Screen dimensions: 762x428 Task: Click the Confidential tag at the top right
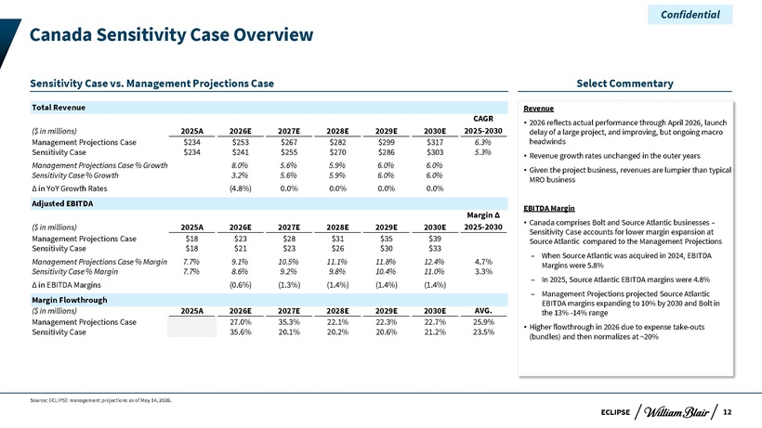[x=690, y=15]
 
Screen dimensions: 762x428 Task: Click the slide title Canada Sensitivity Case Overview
[x=172, y=35]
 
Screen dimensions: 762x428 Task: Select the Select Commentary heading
[x=624, y=84]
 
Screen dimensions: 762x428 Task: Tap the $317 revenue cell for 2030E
[x=435, y=142]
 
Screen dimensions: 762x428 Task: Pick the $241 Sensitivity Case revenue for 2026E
[x=241, y=152]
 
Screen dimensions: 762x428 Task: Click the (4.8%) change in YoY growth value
[x=241, y=188]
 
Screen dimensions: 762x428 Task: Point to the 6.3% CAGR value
[x=483, y=142]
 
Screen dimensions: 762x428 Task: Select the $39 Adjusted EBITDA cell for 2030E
[x=435, y=239]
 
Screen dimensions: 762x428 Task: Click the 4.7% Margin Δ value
[x=483, y=262]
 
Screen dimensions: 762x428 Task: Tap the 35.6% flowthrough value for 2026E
[x=241, y=332]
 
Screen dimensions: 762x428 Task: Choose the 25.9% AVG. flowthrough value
[x=483, y=322]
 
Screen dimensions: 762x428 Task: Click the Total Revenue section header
[x=59, y=108]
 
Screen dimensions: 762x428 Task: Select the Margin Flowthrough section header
[x=70, y=300]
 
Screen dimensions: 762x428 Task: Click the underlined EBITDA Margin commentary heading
[x=549, y=208]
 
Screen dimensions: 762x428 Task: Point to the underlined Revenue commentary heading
[x=538, y=109]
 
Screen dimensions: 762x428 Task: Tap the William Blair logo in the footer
[x=677, y=412]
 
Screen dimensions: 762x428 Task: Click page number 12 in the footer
[x=727, y=412]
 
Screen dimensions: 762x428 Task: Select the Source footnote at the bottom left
[x=100, y=400]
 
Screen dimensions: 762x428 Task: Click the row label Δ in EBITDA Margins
[x=66, y=285]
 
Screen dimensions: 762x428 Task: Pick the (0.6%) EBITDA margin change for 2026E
[x=241, y=285]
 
